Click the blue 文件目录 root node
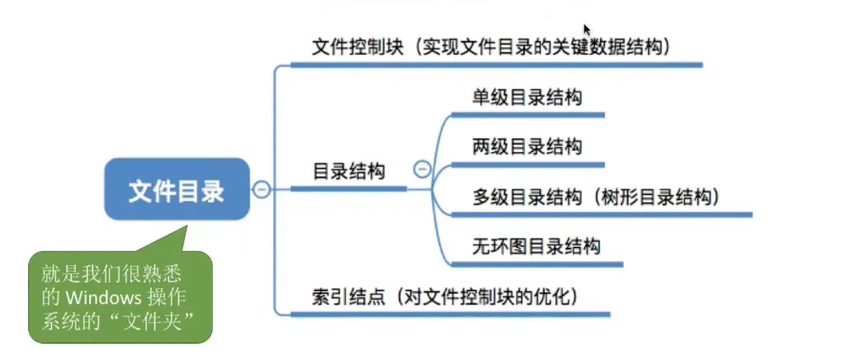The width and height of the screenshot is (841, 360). (176, 192)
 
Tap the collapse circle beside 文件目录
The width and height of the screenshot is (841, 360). (262, 190)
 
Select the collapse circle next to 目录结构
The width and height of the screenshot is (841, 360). (422, 170)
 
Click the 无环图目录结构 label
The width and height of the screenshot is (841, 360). (536, 245)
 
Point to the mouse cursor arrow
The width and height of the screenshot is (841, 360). (586, 29)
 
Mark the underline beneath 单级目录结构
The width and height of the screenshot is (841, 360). (529, 115)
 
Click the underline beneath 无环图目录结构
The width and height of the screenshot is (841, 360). (536, 263)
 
